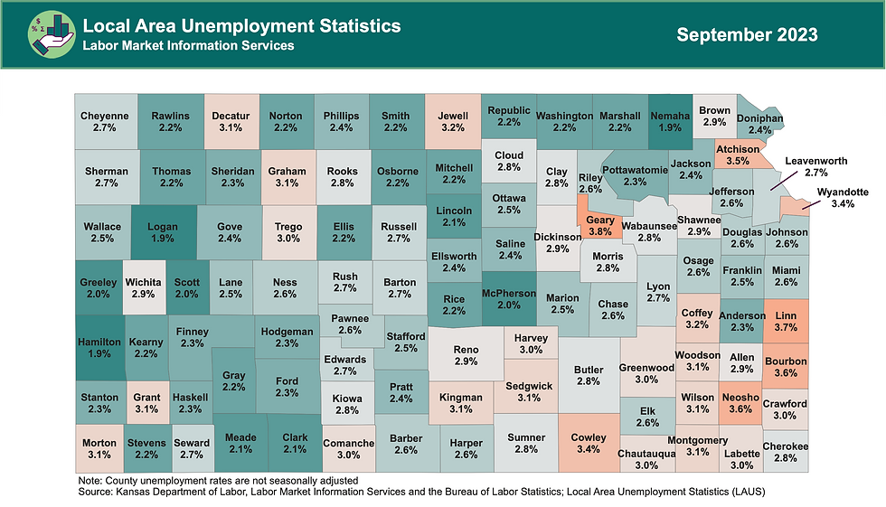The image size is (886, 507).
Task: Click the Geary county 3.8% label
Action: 600,226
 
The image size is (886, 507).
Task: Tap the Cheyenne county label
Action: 105,123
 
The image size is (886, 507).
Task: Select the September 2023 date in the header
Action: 747,35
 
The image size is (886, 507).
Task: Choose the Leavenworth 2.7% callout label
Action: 815,166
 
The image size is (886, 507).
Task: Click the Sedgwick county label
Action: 528,392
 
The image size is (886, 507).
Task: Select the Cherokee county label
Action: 786,453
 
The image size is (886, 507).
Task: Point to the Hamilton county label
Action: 99,349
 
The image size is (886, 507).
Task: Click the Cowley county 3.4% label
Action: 589,443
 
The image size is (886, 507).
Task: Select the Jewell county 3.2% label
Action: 453,123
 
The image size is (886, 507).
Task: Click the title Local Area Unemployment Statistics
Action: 241,26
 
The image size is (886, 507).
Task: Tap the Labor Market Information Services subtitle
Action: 188,45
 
